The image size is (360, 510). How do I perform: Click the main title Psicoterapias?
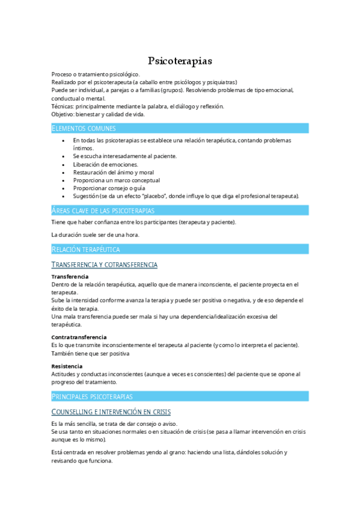(180, 61)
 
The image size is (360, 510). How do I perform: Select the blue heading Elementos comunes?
(84, 128)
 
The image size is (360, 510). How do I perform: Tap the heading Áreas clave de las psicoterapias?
(103, 210)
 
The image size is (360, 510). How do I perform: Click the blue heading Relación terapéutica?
(85, 249)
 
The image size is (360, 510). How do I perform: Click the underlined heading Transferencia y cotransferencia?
(105, 265)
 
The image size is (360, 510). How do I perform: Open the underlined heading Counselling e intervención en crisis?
(111, 412)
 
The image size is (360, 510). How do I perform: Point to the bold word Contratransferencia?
(79, 337)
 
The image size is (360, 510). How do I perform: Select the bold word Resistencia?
(67, 366)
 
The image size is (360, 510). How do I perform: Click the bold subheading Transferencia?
(70, 277)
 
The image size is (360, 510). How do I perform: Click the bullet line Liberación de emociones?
(105, 164)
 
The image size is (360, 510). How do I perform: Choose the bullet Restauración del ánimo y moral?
(114, 172)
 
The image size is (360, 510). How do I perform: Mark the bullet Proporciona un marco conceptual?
(116, 180)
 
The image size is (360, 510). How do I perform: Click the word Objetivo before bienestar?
(63, 114)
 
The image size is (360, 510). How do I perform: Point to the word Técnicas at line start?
(63, 106)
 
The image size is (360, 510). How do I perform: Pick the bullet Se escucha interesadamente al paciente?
(124, 156)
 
